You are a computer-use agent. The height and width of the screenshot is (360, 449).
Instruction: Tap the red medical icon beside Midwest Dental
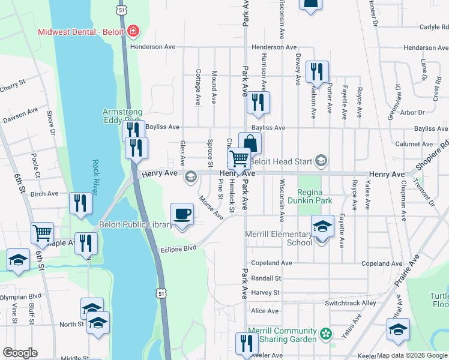click(131, 31)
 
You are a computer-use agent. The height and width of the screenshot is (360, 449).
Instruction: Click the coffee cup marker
click(182, 214)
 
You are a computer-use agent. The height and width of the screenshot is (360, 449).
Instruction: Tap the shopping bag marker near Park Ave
click(250, 143)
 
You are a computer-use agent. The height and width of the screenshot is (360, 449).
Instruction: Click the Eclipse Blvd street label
click(178, 248)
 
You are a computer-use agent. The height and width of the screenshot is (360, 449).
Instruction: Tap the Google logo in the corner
click(20, 353)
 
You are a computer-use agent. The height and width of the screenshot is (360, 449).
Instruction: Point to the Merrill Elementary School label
click(279, 238)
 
